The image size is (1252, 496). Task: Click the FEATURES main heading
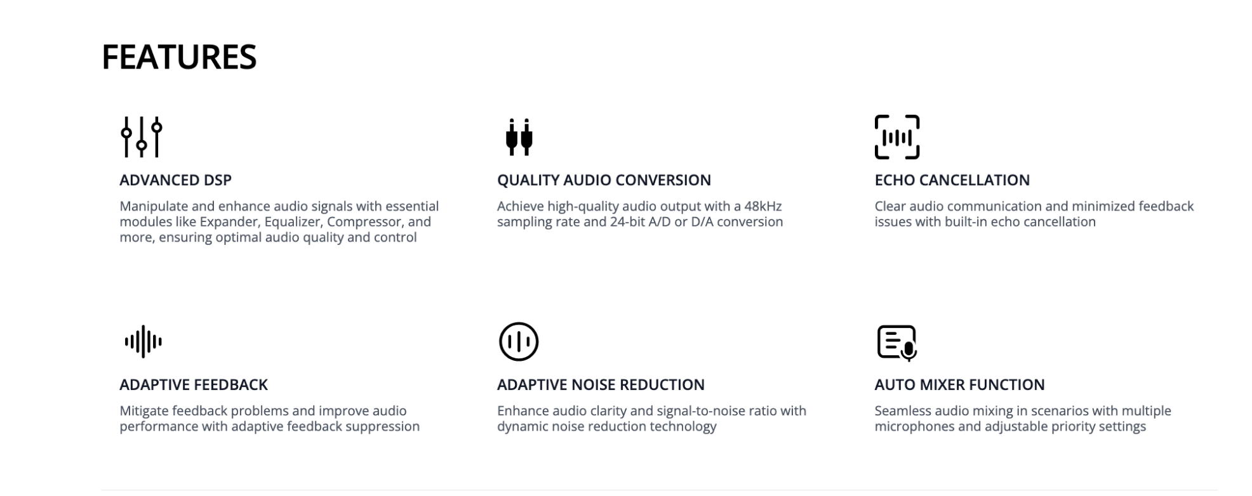(x=179, y=57)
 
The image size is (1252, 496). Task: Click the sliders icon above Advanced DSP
(x=142, y=136)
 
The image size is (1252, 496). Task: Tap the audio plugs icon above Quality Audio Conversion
(x=519, y=137)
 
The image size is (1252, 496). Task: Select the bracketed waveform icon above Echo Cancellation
(x=896, y=137)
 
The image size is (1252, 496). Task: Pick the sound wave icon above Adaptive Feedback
(x=143, y=342)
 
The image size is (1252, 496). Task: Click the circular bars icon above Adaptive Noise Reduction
(x=519, y=342)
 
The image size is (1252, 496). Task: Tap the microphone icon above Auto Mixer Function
(x=896, y=343)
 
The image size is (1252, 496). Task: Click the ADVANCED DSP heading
(x=175, y=180)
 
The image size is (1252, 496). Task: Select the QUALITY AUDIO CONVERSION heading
(x=604, y=180)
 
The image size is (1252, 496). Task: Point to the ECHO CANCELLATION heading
(x=952, y=180)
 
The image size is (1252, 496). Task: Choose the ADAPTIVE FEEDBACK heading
(x=194, y=385)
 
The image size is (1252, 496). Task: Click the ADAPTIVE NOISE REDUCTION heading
(x=601, y=385)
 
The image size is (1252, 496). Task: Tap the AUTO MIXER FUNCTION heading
(x=959, y=385)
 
